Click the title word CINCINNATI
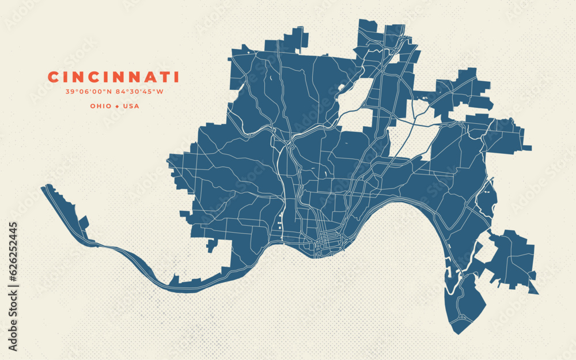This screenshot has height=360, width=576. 113,77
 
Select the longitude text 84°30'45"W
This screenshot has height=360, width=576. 139,92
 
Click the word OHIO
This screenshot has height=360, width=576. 101,106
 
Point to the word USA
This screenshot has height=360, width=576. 130,106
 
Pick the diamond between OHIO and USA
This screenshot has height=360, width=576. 117,106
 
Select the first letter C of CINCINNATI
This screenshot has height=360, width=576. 52,77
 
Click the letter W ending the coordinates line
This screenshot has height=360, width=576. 160,92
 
